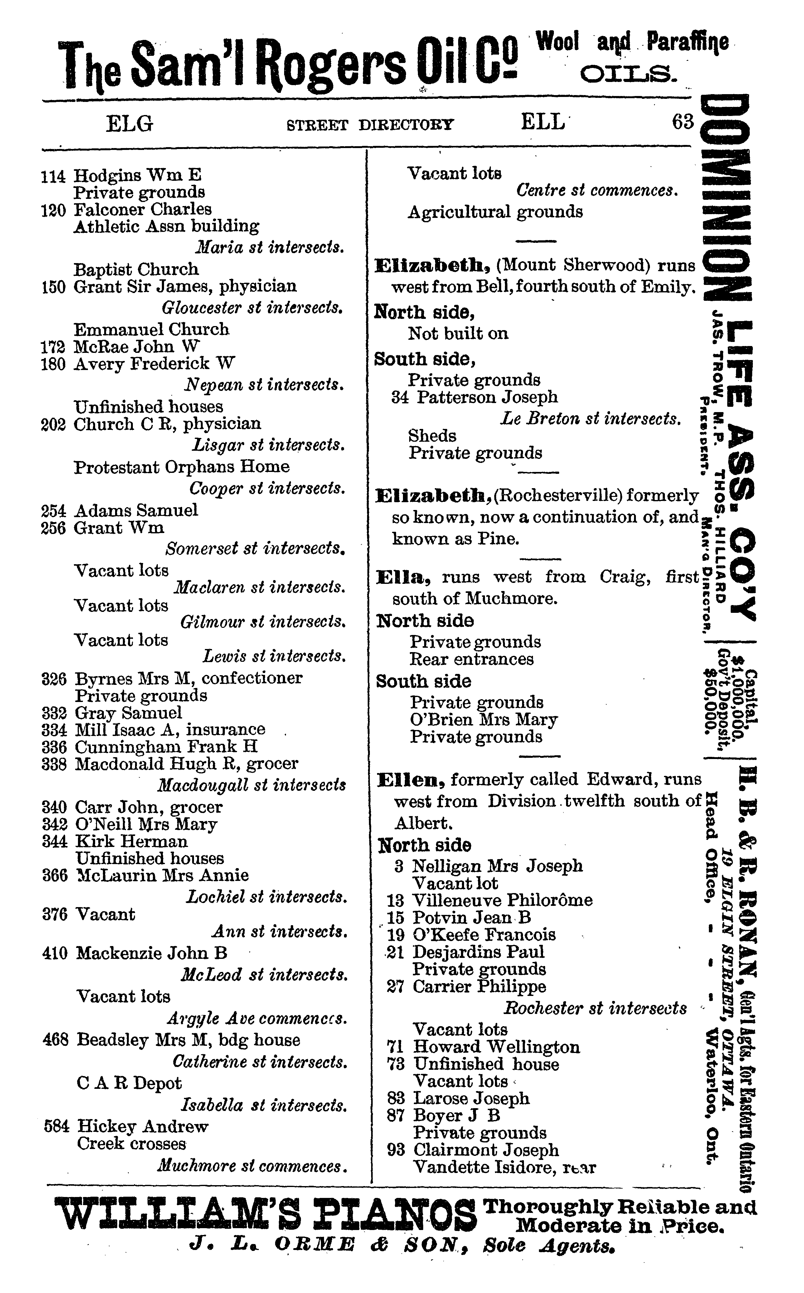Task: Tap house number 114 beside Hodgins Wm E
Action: coord(53,176)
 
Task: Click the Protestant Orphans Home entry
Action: coord(181,467)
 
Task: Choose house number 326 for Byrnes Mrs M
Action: coord(54,679)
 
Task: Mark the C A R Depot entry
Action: coord(129,1083)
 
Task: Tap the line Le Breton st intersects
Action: coord(590,419)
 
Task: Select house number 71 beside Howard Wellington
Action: coord(396,1047)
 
